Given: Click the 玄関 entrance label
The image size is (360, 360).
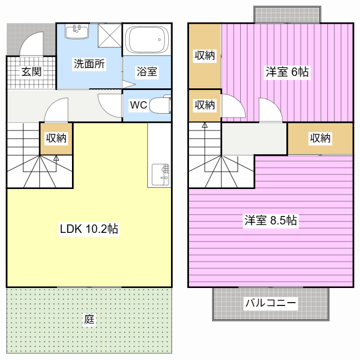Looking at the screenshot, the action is coord(31,71).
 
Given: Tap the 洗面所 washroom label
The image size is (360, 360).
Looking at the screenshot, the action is coord(89,64).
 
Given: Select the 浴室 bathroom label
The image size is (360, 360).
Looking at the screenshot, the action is coord(147,71).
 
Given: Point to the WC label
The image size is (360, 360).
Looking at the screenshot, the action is coord(138,105).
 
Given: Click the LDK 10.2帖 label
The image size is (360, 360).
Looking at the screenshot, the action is coord(89,229).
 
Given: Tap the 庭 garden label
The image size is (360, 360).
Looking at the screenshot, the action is coord(89,319).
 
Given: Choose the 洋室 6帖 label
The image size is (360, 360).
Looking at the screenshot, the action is coord(287,71).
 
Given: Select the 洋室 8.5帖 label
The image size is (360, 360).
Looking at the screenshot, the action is coord(271,220).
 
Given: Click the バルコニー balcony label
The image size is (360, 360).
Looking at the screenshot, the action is coord(271,303).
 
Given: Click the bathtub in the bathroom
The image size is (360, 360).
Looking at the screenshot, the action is coord(147,39).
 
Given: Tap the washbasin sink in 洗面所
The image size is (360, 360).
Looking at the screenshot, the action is coord(77,32).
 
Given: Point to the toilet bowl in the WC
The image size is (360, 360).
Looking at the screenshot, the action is coord(160,105).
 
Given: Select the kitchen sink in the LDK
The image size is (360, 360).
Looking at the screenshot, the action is coord(161,174).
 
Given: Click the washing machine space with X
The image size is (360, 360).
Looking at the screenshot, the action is coord(110,35).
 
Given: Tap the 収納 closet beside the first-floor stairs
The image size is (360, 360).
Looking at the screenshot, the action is coord(56,138).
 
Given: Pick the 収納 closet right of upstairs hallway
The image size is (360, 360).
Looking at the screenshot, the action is coord(320,138).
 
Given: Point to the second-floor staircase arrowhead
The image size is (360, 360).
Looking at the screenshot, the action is coord(205,125).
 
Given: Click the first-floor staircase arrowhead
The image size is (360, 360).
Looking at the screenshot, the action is coord(56,158).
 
